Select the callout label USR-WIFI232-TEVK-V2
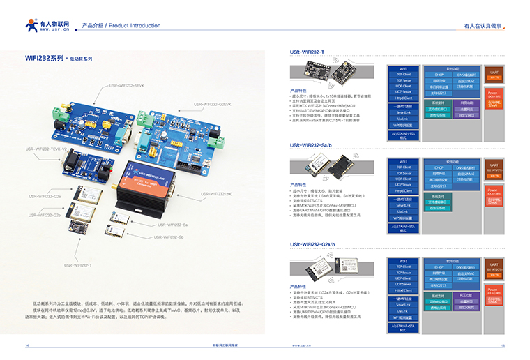[x=47, y=149]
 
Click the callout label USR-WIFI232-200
[x=216, y=193]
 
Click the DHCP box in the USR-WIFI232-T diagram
[x=439, y=73]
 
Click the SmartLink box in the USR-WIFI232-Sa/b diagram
[x=404, y=205]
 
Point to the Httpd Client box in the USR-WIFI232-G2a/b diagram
[x=404, y=290]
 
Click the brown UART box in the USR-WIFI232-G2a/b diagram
[x=494, y=267]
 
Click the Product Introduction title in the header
[x=121, y=26]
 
